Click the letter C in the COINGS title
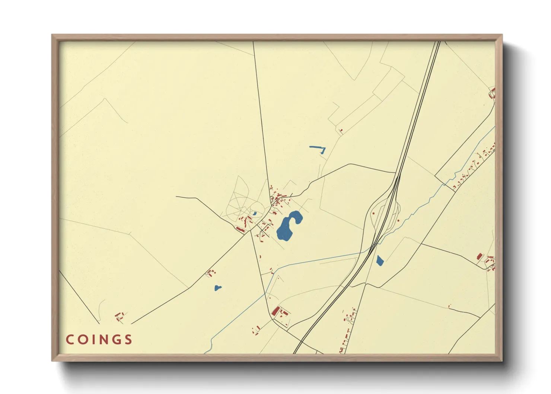[70, 340]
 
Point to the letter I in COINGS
[94, 340]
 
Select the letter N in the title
[103, 340]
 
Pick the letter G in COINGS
[117, 340]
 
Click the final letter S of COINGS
[128, 340]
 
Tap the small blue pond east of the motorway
[380, 261]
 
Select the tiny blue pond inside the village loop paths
[254, 214]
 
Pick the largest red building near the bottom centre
[275, 311]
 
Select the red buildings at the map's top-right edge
[493, 93]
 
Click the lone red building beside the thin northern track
[341, 130]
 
